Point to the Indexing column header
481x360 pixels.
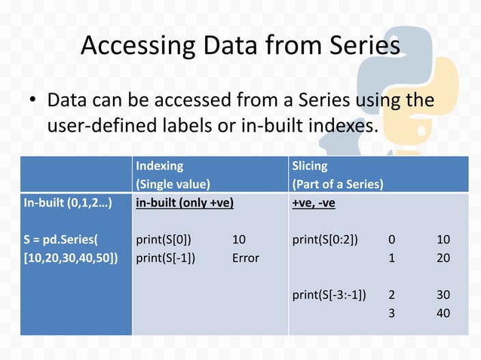pyautogui.click(x=159, y=165)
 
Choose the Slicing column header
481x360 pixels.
pyautogui.click(x=310, y=165)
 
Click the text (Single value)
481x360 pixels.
pyautogui.click(x=173, y=183)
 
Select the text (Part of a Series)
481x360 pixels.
pyautogui.click(x=338, y=183)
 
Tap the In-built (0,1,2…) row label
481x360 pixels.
pyautogui.click(x=67, y=203)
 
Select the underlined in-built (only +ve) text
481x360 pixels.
pyautogui.click(x=185, y=203)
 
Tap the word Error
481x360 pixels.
pyautogui.click(x=246, y=258)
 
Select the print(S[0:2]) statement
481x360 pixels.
pyautogui.click(x=326, y=239)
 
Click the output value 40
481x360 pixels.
pyautogui.click(x=443, y=312)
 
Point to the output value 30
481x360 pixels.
pyautogui.click(x=443, y=294)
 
